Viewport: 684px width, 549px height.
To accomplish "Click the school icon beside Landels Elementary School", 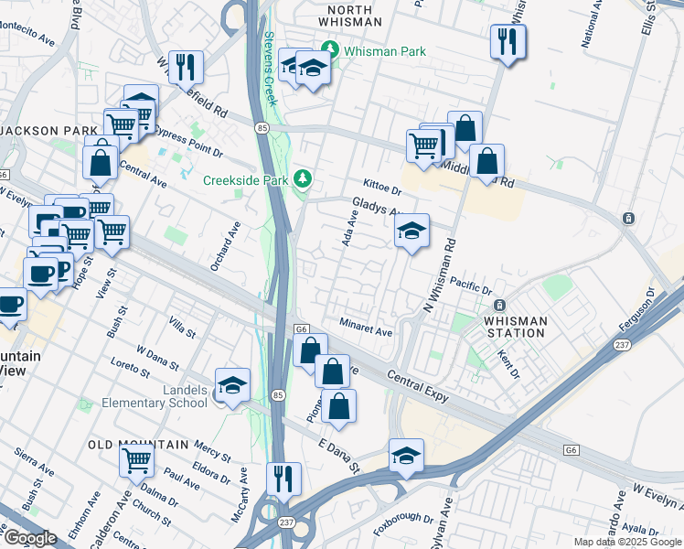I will (232, 384).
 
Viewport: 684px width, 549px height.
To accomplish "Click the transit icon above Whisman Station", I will (499, 305).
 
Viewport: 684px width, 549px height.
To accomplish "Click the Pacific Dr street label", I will (471, 285).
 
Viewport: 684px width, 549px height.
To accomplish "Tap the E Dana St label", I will (337, 456).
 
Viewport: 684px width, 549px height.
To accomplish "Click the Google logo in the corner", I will (29, 538).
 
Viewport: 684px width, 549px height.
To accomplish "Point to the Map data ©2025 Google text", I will (627, 542).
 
